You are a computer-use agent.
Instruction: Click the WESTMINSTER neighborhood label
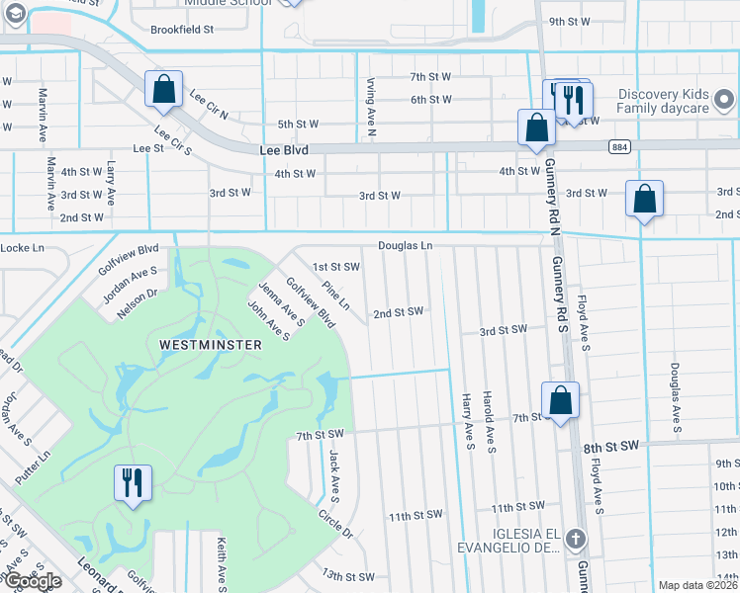(210, 345)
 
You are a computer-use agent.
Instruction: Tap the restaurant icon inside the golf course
(133, 482)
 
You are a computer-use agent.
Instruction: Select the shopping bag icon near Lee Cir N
(163, 89)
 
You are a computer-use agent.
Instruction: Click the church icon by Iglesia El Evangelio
(578, 539)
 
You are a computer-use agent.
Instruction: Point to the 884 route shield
(619, 146)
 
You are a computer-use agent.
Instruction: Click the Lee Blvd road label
(284, 150)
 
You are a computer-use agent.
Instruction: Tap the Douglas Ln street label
(405, 245)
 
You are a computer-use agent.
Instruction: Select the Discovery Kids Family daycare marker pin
(723, 100)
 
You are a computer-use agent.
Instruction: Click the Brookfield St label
(182, 30)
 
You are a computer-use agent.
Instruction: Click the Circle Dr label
(336, 522)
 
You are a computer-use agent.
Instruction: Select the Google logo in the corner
(33, 581)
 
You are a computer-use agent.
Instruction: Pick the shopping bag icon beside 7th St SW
(560, 401)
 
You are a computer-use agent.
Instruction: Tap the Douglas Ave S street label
(674, 398)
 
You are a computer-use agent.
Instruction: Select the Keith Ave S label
(220, 558)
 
